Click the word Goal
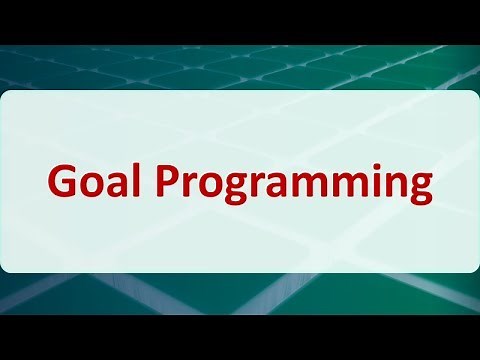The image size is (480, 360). point(88,183)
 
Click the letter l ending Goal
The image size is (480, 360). point(127,181)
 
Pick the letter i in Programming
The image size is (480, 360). point(379,182)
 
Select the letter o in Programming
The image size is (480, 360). point(193,186)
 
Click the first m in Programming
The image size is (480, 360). point(293,186)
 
